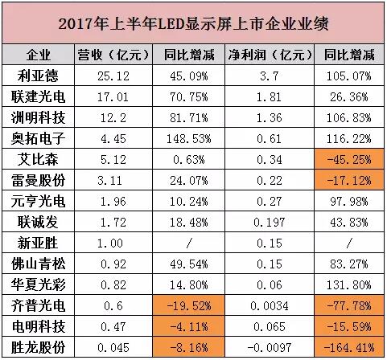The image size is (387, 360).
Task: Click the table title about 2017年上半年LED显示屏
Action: coord(193,23)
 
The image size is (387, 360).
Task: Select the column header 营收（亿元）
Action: coord(113,55)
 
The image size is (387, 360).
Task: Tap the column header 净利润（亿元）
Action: coord(270,55)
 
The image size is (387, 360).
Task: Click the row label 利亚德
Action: coord(38,76)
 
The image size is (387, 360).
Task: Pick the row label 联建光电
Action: coord(38,96)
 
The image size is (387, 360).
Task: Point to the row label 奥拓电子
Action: coord(38,138)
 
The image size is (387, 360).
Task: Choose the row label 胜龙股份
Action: coord(38,347)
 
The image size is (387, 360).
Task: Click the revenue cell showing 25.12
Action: coord(113,76)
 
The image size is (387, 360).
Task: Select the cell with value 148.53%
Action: coord(189,139)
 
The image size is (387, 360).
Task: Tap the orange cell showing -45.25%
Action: coord(349,160)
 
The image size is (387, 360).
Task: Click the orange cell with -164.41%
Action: coord(349,348)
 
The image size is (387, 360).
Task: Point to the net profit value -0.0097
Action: coord(270,348)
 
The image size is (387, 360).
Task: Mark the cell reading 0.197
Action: coord(270,223)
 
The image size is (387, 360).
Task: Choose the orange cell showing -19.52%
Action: coord(188,305)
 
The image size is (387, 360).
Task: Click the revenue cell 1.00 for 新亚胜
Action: coord(110,243)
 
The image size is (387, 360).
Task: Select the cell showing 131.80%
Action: coord(349,285)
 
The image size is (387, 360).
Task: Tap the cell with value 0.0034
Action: coord(270,306)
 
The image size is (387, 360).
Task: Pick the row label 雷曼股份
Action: coord(38,180)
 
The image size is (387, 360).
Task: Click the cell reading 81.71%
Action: coord(189,118)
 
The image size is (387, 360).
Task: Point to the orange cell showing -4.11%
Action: coord(188,326)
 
